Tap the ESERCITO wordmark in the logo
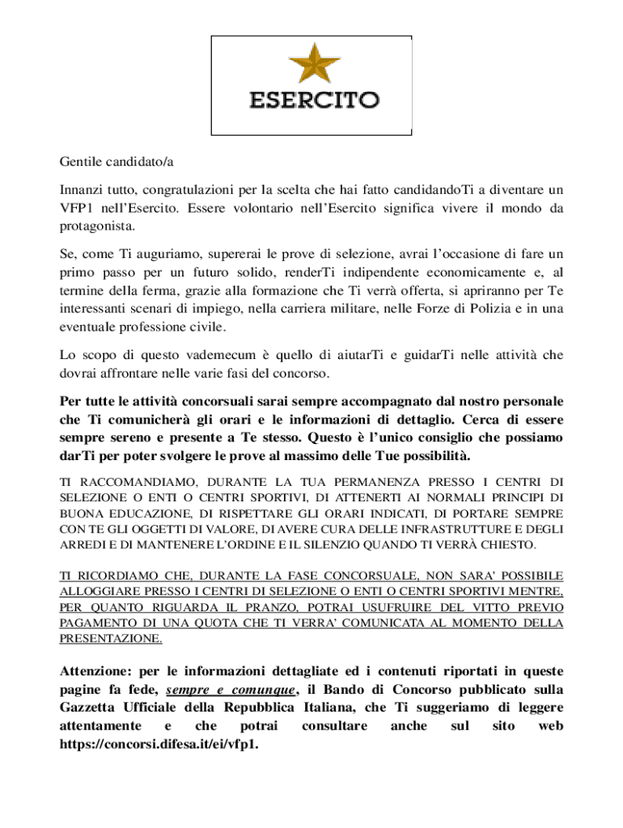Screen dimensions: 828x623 pyautogui.click(x=313, y=101)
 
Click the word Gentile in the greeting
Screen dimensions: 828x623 pyautogui.click(x=82, y=163)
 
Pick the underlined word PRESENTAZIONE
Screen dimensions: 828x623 pyautogui.click(x=111, y=638)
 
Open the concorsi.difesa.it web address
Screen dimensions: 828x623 pyautogui.click(x=159, y=744)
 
